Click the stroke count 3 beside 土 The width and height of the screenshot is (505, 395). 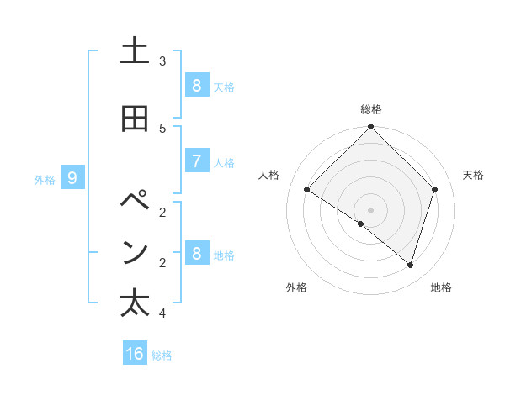click(162, 61)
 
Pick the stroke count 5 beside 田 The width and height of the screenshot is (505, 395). click(162, 128)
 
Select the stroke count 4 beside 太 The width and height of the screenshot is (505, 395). click(162, 313)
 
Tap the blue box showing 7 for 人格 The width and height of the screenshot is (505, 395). click(196, 161)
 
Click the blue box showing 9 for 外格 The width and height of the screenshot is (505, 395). click(73, 178)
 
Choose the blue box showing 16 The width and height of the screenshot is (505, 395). click(135, 354)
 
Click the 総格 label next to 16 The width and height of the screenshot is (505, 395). click(162, 355)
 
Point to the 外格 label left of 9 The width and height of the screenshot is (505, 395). click(45, 179)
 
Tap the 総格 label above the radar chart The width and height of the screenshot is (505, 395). click(371, 109)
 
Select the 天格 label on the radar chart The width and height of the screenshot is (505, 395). click(473, 175)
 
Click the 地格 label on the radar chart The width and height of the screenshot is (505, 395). click(441, 287)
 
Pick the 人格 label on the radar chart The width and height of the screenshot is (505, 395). click(269, 175)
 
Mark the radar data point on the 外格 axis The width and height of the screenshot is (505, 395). click(361, 224)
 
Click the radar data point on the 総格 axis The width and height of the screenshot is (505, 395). click(371, 128)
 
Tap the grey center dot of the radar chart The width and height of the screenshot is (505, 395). click(371, 209)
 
